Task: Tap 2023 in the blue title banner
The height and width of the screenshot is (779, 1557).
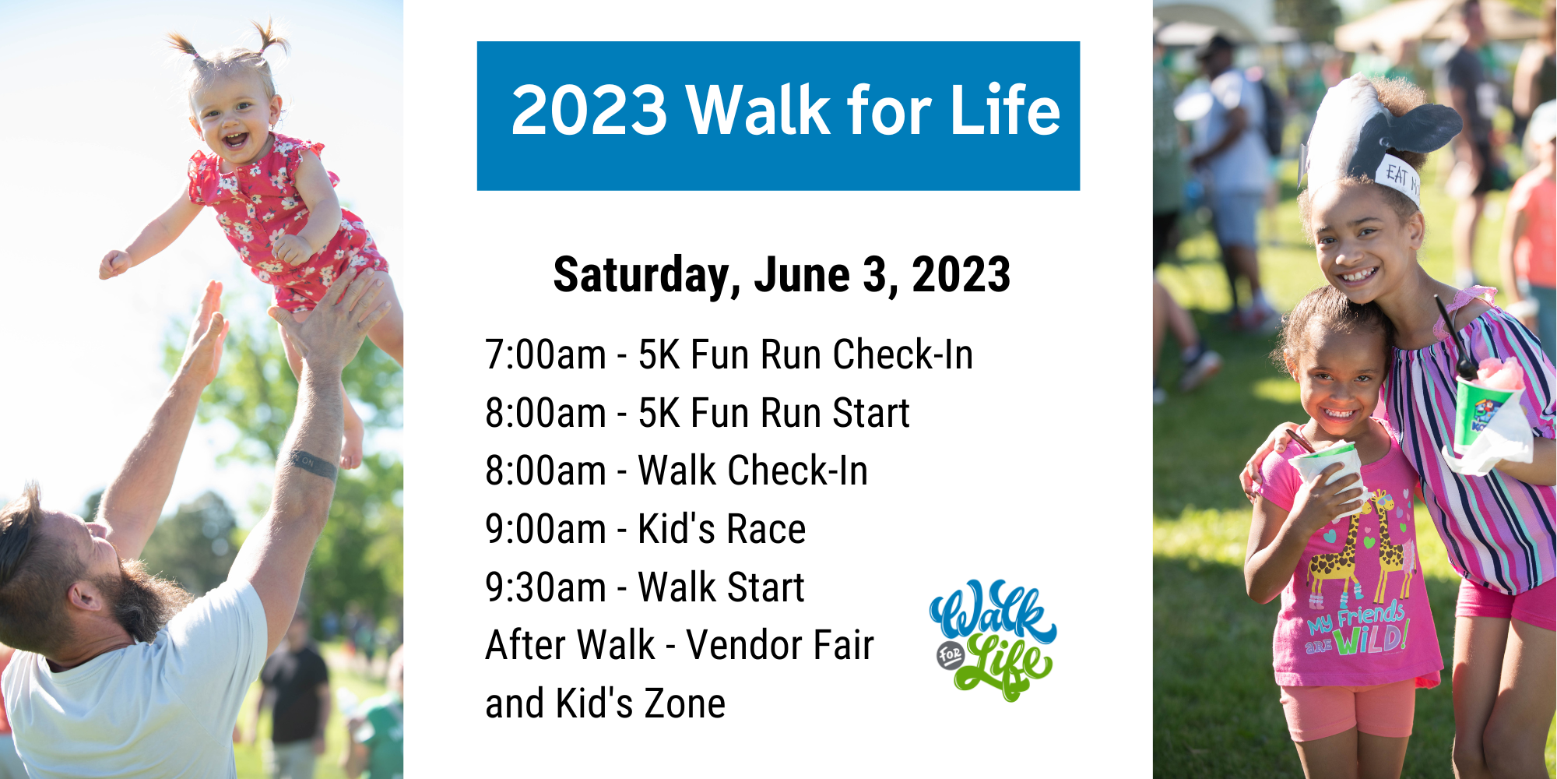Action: (589, 110)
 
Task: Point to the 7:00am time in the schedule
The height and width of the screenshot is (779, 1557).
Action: (545, 354)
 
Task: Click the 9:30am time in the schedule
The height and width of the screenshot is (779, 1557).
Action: (545, 587)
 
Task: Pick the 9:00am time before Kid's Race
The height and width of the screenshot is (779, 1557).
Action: (545, 529)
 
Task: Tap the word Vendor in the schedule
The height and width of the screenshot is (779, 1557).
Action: (744, 645)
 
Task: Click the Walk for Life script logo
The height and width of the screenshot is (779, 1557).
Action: (993, 639)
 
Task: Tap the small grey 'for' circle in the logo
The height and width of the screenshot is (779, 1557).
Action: (950, 654)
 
